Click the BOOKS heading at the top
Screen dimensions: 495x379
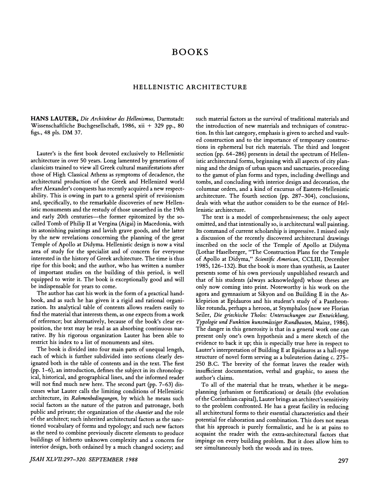point(189,52)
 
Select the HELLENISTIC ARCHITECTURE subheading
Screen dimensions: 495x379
point(189,87)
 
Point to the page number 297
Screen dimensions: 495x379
point(343,460)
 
